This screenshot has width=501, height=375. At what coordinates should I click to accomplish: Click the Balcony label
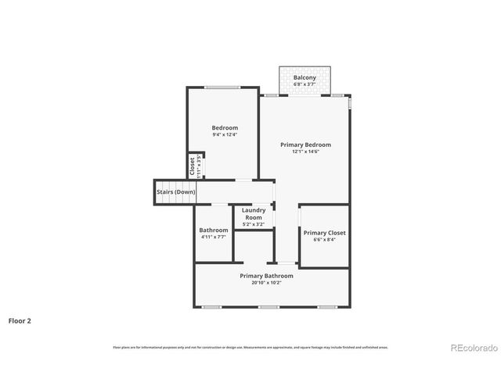tap(305, 78)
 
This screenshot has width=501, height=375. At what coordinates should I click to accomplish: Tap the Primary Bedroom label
tap(305, 145)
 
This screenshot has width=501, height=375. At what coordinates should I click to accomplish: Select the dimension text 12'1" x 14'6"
tap(305, 152)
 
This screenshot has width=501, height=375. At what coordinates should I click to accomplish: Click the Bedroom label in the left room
tap(225, 127)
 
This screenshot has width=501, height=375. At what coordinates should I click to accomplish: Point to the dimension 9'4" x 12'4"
tap(225, 134)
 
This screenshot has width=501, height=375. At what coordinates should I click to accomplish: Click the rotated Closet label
tap(192, 166)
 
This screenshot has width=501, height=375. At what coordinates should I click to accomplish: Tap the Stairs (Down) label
tap(175, 191)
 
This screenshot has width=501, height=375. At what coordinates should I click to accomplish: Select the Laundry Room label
tap(254, 213)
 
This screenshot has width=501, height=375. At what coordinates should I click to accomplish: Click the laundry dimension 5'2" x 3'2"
tap(254, 224)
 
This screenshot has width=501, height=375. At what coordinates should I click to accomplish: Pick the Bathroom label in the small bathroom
tap(213, 230)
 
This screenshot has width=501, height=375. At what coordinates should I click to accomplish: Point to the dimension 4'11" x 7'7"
tap(213, 237)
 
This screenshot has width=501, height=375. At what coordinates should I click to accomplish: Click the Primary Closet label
tap(324, 233)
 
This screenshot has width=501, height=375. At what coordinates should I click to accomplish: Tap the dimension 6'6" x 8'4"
tap(324, 240)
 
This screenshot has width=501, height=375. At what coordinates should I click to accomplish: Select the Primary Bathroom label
tap(266, 276)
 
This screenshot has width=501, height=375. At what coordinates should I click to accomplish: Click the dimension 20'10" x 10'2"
tap(266, 283)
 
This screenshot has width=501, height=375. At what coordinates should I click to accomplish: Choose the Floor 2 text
tap(20, 320)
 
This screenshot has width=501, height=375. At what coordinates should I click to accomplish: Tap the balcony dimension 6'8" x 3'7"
tap(305, 85)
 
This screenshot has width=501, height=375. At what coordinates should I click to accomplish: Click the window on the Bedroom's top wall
tap(222, 87)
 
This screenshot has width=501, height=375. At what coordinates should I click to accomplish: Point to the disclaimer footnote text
tap(250, 348)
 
